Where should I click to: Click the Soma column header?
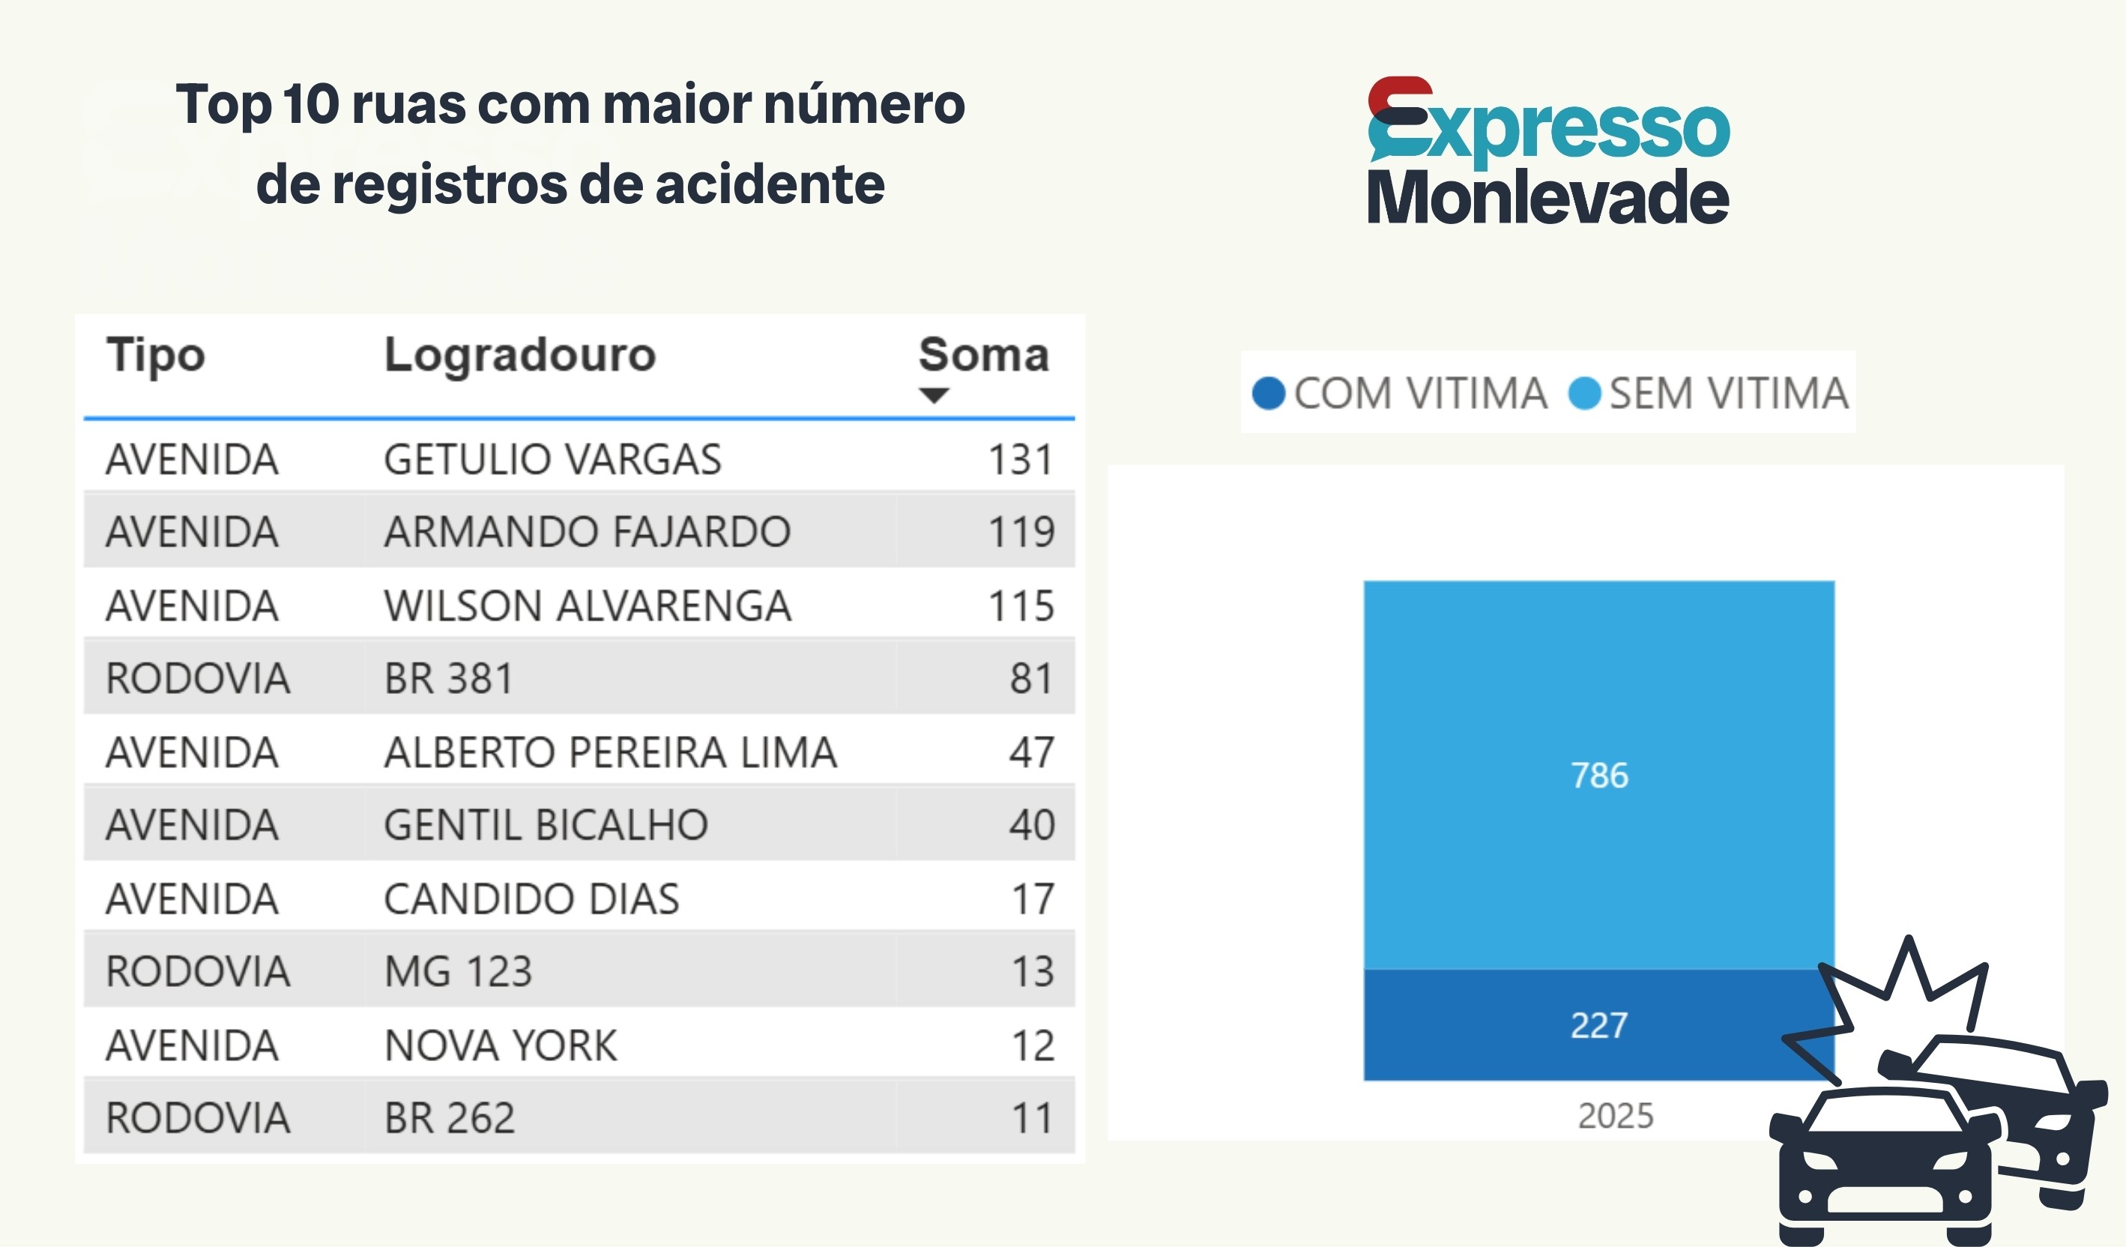coord(984,354)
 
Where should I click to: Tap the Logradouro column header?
coord(519,354)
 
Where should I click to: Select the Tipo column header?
coord(155,354)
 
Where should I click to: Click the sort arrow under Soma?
coord(934,395)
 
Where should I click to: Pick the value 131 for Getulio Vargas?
coord(1021,460)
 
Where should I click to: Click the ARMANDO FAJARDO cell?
coord(588,531)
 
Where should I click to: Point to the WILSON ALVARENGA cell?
coord(588,606)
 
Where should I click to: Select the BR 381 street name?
coord(449,678)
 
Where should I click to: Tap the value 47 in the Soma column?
coord(1032,752)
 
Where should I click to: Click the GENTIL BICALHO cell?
coord(546,825)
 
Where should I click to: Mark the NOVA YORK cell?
coord(501,1045)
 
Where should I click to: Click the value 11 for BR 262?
coord(1033,1118)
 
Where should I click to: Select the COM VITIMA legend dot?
coord(1268,393)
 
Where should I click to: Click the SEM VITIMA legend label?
coord(1729,393)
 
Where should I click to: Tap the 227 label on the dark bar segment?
coord(1598,1025)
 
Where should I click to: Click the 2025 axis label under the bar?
coord(1616,1115)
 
